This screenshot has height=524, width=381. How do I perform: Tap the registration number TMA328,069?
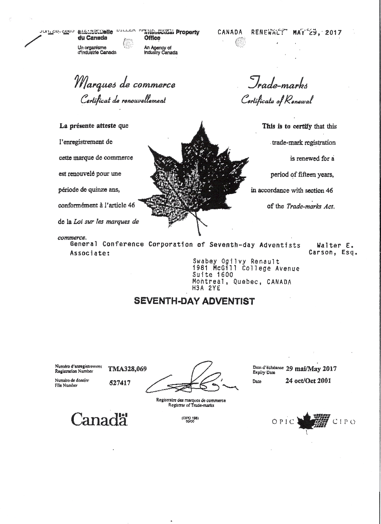(128, 369)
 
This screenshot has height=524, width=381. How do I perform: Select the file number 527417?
(120, 383)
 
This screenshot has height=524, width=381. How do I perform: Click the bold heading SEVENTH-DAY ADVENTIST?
(194, 301)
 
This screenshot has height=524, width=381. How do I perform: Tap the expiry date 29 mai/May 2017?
(311, 369)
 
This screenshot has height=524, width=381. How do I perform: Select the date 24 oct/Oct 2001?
(308, 381)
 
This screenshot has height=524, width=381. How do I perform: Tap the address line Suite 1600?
(213, 275)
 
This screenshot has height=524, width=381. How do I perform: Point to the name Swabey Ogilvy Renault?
(236, 262)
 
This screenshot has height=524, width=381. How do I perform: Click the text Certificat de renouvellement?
(123, 100)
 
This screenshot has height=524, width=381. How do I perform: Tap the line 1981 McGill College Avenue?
(246, 268)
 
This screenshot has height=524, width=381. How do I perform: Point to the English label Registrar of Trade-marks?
(191, 405)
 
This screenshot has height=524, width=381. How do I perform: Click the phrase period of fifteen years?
(302, 174)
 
